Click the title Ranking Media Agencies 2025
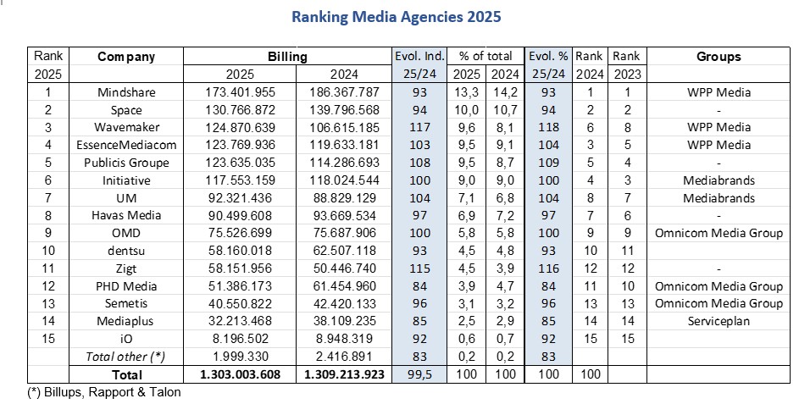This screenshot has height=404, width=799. click(396, 16)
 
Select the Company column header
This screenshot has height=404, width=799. click(126, 57)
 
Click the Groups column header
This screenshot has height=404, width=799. click(719, 57)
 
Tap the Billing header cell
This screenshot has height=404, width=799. click(287, 57)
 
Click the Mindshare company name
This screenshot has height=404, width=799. click(126, 92)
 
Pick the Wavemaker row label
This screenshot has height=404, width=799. click(126, 127)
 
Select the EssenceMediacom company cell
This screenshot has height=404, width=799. click(126, 145)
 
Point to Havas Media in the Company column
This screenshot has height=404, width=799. click(126, 215)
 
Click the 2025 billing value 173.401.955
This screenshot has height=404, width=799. click(240, 92)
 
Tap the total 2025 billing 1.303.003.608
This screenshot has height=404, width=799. click(240, 374)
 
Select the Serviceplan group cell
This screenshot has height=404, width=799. click(719, 321)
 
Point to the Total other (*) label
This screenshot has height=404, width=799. click(126, 357)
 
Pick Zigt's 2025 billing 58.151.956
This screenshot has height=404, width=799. click(240, 268)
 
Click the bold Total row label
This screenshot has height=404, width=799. click(126, 374)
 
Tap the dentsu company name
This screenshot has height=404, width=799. click(126, 251)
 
